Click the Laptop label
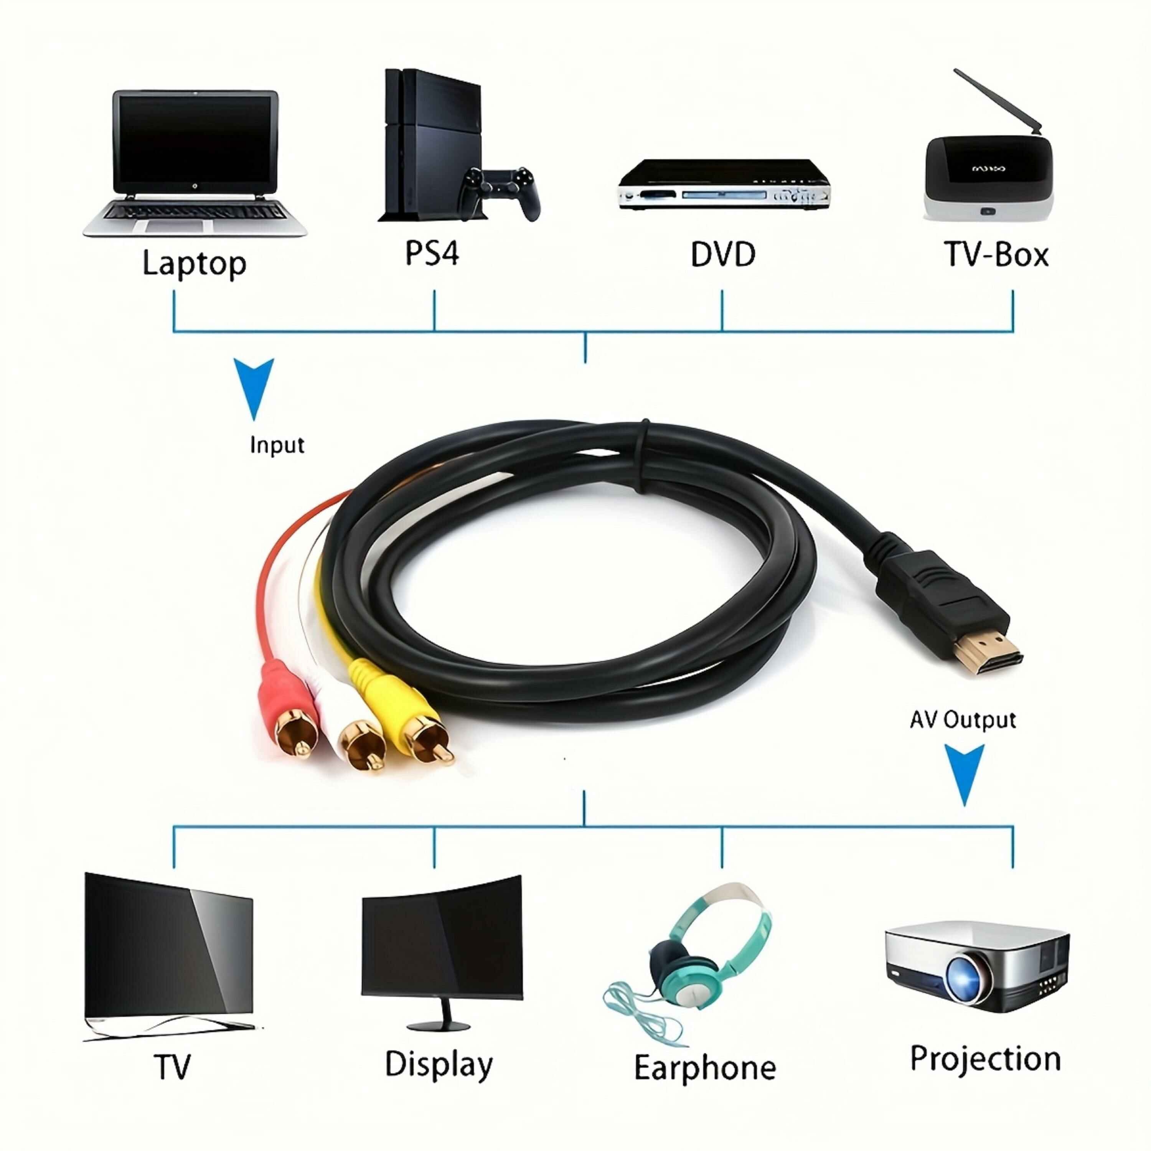[x=194, y=263]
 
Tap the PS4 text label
[x=432, y=254]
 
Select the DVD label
[x=723, y=255]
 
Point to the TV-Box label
[x=996, y=255]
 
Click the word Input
[x=277, y=445]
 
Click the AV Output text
[x=962, y=720]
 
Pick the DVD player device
[x=723, y=185]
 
